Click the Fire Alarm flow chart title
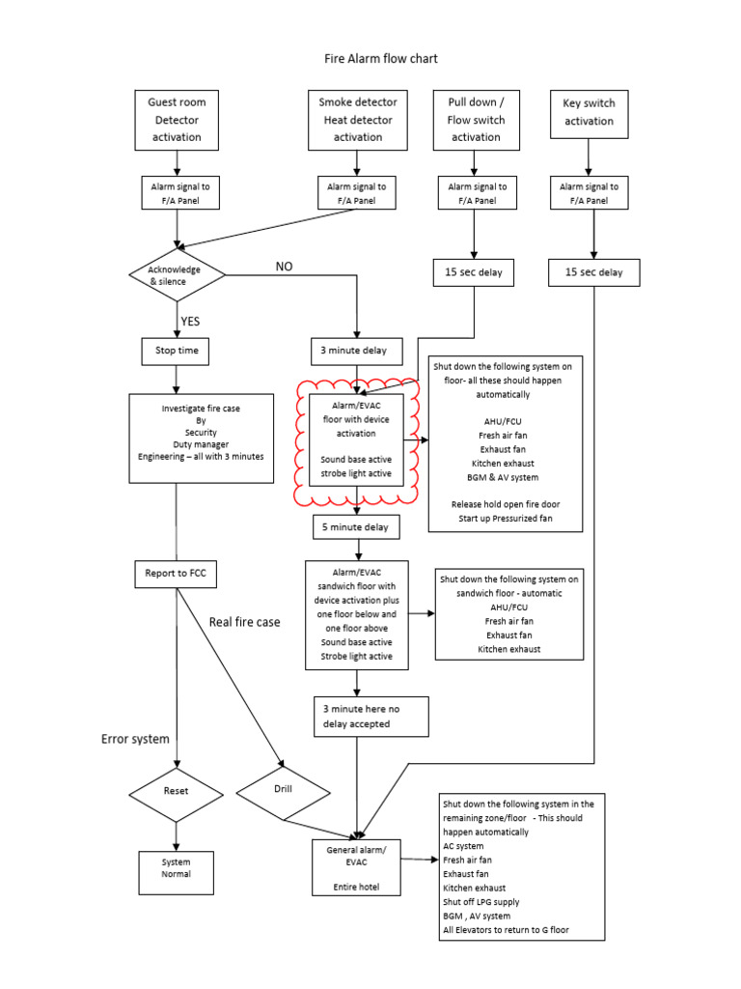pyautogui.click(x=380, y=59)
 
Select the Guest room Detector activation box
pyautogui.click(x=177, y=120)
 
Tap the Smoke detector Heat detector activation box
pyautogui.click(x=357, y=120)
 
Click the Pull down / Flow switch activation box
pyautogui.click(x=476, y=120)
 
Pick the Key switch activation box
pyautogui.click(x=589, y=113)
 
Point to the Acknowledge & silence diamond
pyautogui.click(x=177, y=274)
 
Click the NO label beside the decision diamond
pyautogui.click(x=284, y=267)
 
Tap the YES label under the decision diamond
pyautogui.click(x=189, y=322)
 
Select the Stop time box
pyautogui.click(x=176, y=350)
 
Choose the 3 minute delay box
pyautogui.click(x=357, y=350)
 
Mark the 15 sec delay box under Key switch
pyautogui.click(x=593, y=272)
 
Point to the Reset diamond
pyautogui.click(x=176, y=790)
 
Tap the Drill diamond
pyautogui.click(x=283, y=788)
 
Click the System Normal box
pyautogui.click(x=176, y=868)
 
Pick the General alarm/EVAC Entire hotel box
pyautogui.click(x=357, y=867)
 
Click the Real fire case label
pyautogui.click(x=245, y=622)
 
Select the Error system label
pyautogui.click(x=135, y=739)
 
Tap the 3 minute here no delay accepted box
pyautogui.click(x=358, y=716)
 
